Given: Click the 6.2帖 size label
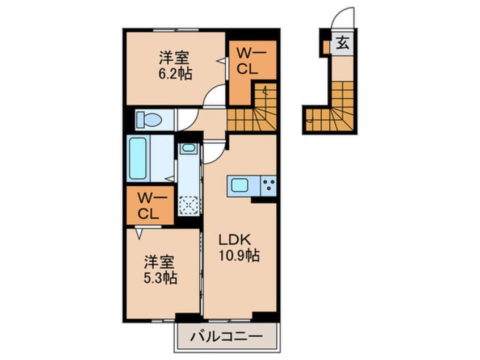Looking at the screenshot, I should pos(175,73).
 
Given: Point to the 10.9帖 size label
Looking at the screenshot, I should pos(239,256).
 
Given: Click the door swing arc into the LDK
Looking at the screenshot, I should pos(216,151).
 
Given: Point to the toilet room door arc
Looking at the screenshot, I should pos(187,118).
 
